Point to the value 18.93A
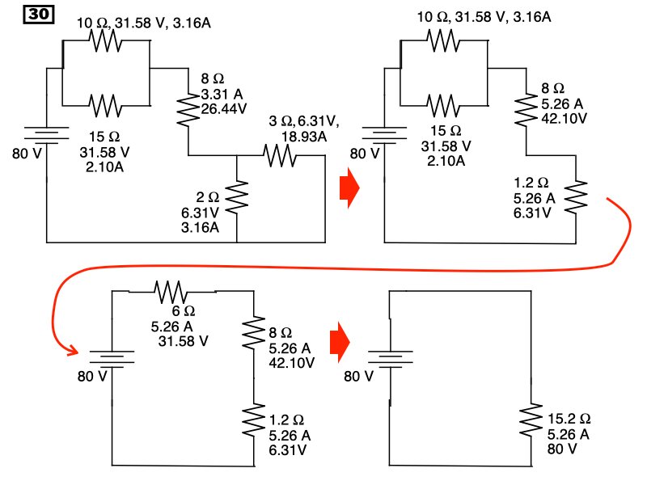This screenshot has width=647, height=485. pos(303,137)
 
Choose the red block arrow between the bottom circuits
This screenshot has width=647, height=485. pos(340,343)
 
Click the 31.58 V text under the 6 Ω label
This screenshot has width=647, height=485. pos(184,340)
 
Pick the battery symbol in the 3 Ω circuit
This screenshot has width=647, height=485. pos(46,133)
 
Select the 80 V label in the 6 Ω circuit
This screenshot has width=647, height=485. pos(91,376)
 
